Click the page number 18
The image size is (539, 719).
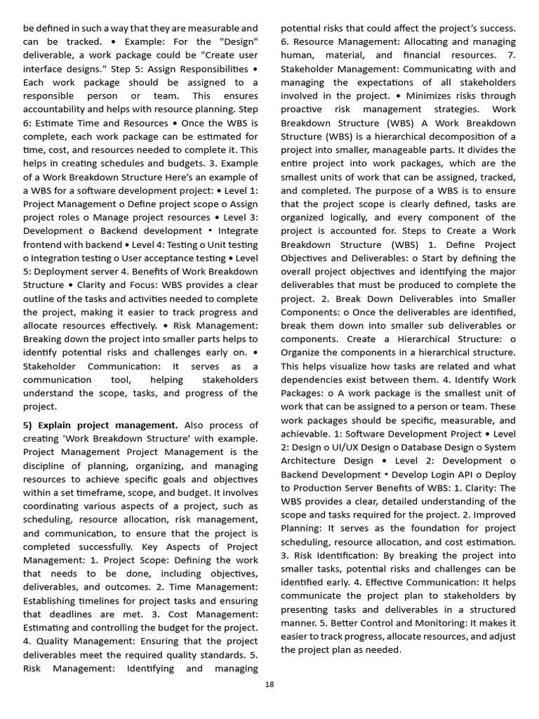269,685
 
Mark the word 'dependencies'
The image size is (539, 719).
312,379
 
